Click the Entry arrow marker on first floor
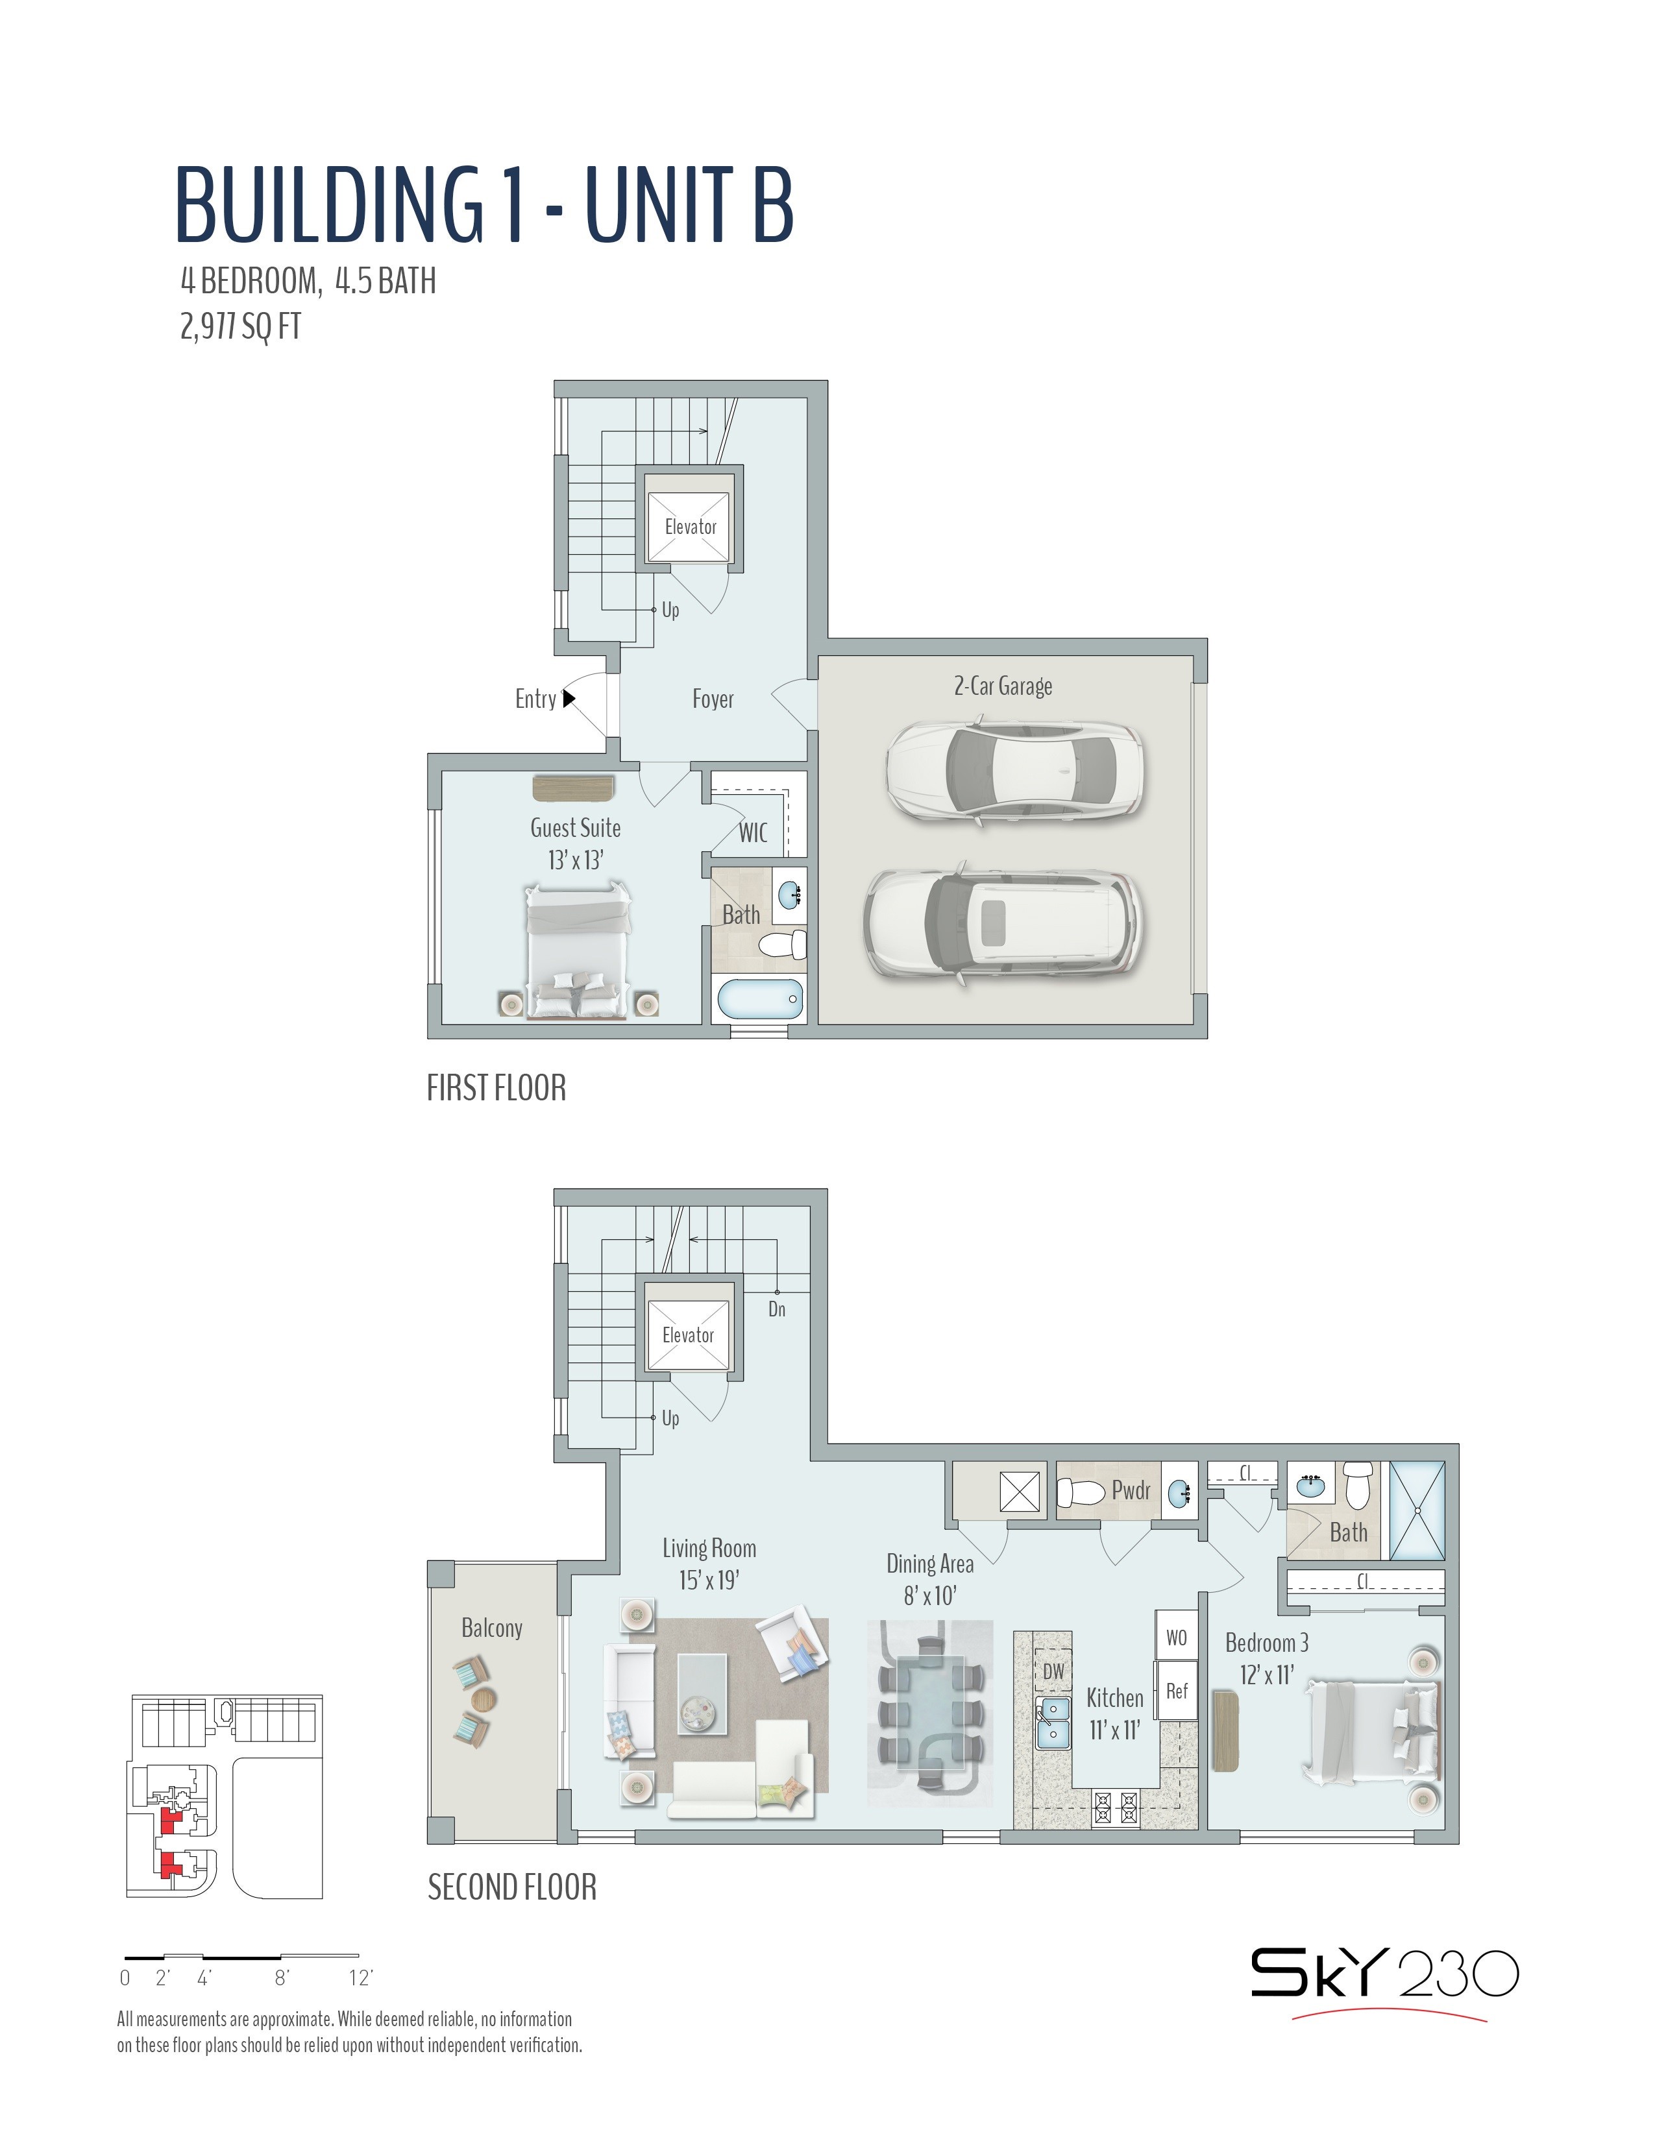point(568,698)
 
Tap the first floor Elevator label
point(691,526)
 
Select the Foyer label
point(713,699)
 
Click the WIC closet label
point(753,832)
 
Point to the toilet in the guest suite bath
point(783,945)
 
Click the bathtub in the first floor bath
point(761,1000)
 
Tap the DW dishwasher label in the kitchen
point(1053,1671)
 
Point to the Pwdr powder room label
point(1131,1491)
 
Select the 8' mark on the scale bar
point(282,1978)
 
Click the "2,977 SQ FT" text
point(240,326)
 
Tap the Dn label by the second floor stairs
point(776,1309)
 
